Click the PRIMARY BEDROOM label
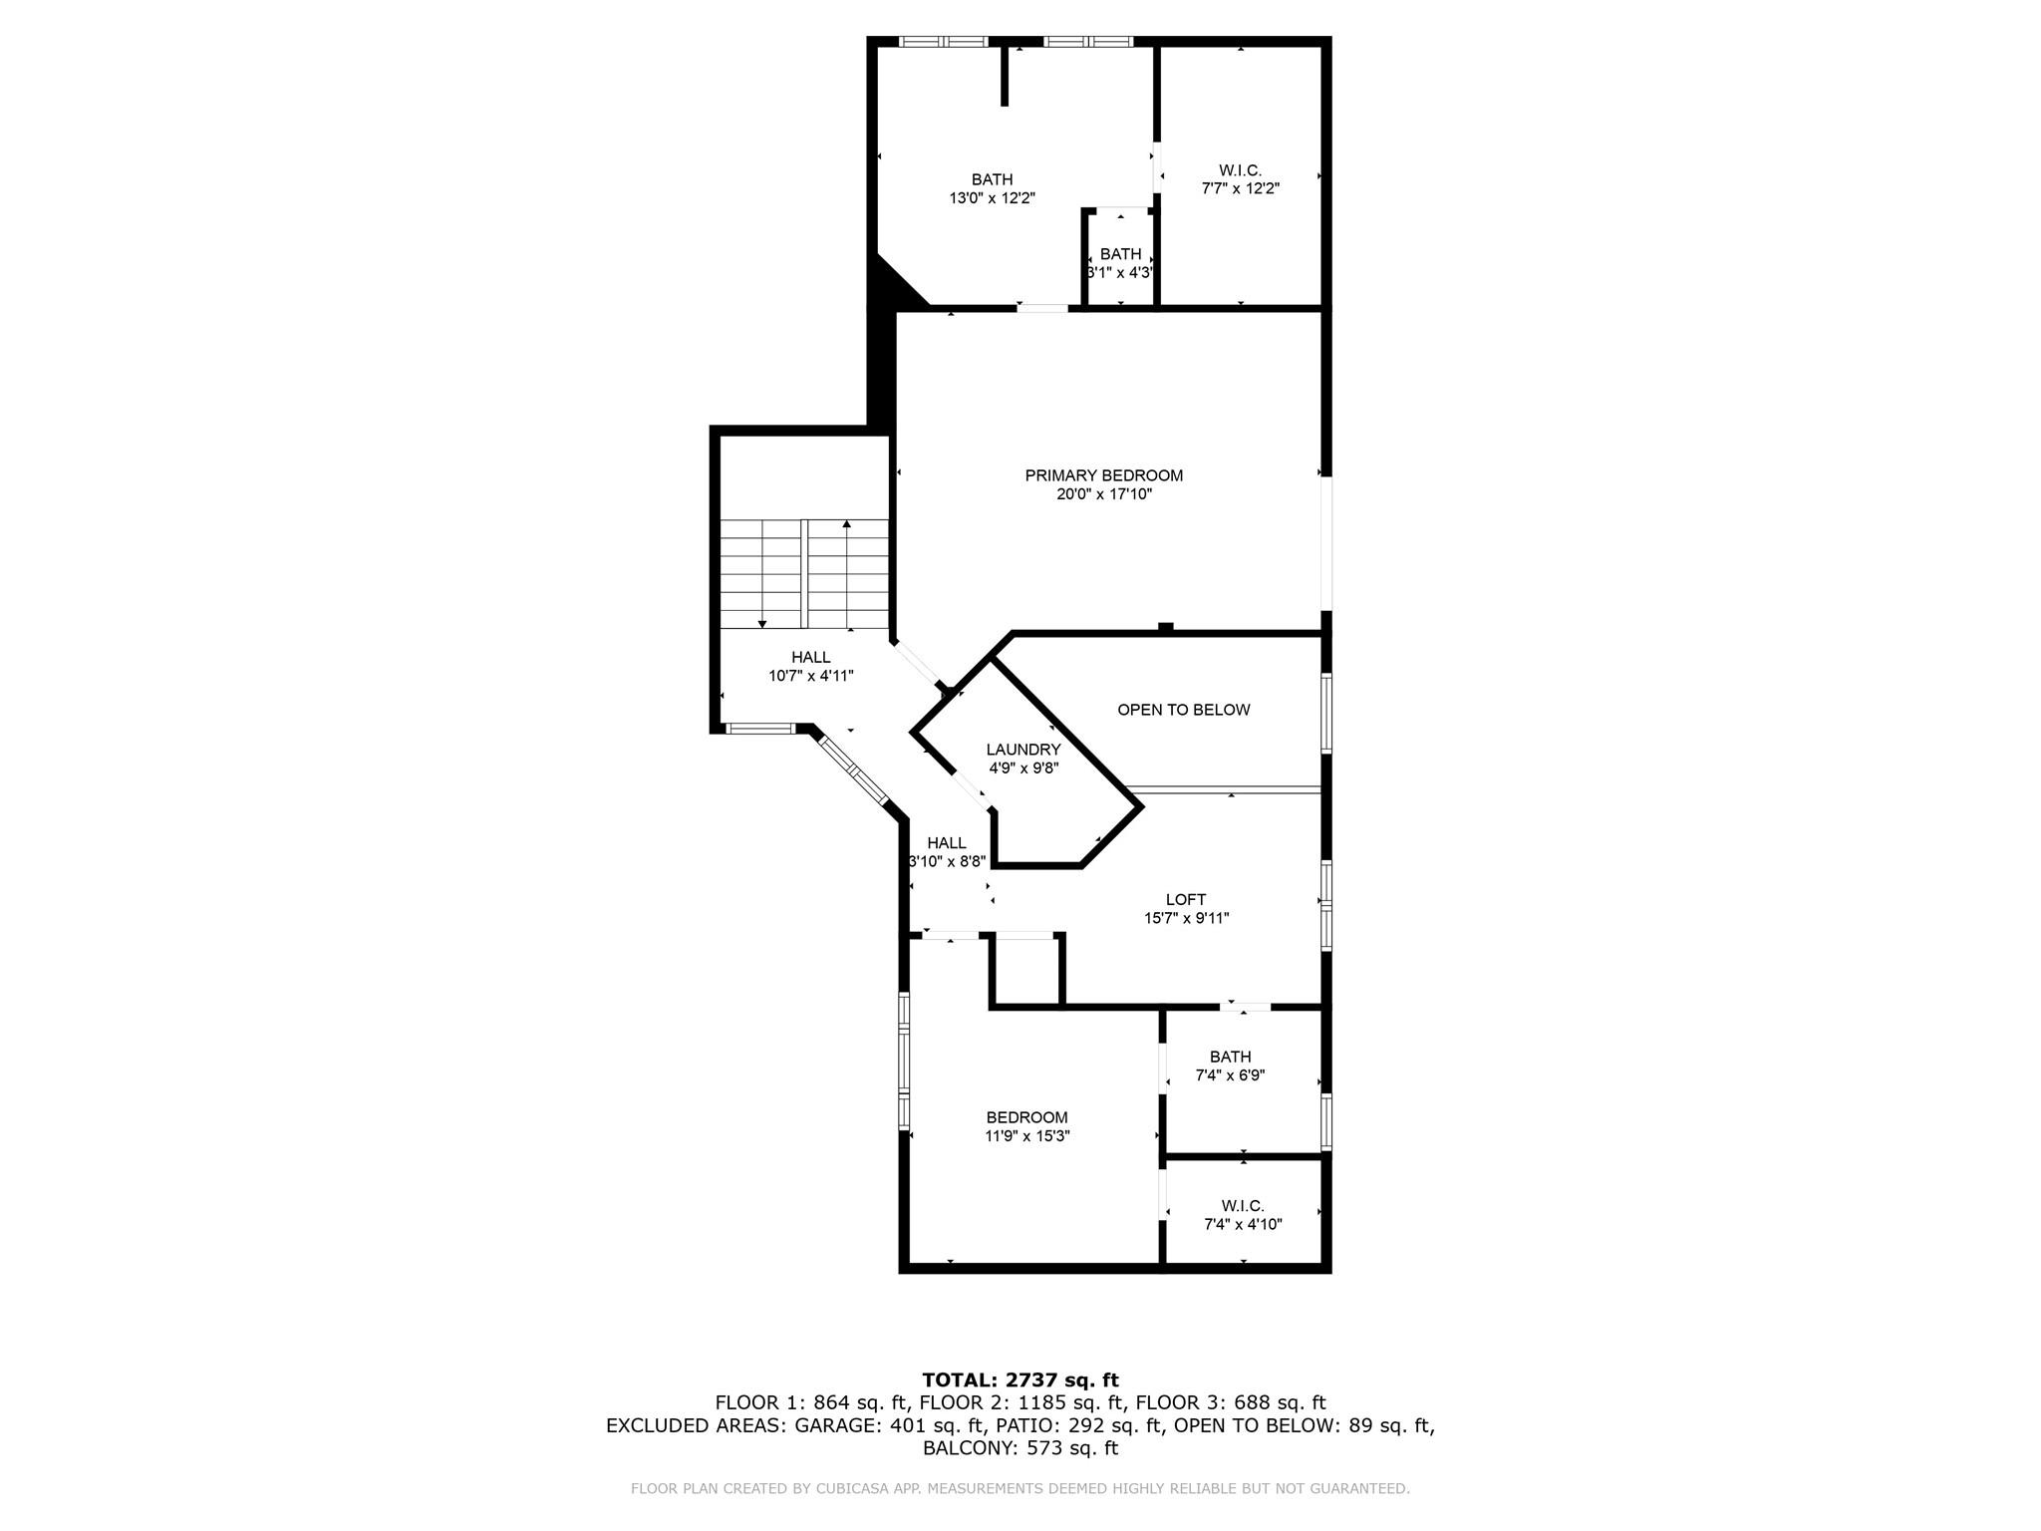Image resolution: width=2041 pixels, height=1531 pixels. pyautogui.click(x=1104, y=475)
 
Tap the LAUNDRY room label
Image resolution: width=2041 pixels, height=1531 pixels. pyautogui.click(x=1023, y=750)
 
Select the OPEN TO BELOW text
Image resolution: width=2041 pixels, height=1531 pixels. pyautogui.click(x=1183, y=710)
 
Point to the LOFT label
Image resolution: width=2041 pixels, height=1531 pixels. pyautogui.click(x=1186, y=900)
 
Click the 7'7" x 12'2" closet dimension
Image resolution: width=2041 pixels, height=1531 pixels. pyautogui.click(x=1241, y=188)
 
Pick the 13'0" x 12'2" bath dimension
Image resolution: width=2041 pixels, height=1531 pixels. pyautogui.click(x=992, y=198)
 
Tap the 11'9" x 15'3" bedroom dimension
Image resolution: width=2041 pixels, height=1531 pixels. pyautogui.click(x=1027, y=1136)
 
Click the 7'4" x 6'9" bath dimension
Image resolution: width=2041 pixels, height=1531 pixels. pyautogui.click(x=1231, y=1075)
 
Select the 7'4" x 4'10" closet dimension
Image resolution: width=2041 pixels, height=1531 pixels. pyautogui.click(x=1243, y=1224)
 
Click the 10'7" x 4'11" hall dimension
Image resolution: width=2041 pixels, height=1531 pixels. pyautogui.click(x=811, y=676)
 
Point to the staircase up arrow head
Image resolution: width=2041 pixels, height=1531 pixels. pyautogui.click(x=847, y=523)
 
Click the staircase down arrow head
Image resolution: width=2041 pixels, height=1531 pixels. pyautogui.click(x=762, y=624)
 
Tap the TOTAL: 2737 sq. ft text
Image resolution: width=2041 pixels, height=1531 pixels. pyautogui.click(x=1020, y=1380)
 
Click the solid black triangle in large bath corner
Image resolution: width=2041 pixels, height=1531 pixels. pyautogui.click(x=893, y=284)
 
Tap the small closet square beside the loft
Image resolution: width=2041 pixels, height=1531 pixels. pyautogui.click(x=1026, y=970)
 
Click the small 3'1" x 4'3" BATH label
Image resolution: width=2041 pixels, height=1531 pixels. pyautogui.click(x=1121, y=254)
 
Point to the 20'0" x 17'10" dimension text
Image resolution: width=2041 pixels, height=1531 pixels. pyautogui.click(x=1104, y=494)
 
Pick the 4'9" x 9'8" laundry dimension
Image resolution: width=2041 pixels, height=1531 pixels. pyautogui.click(x=1023, y=768)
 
